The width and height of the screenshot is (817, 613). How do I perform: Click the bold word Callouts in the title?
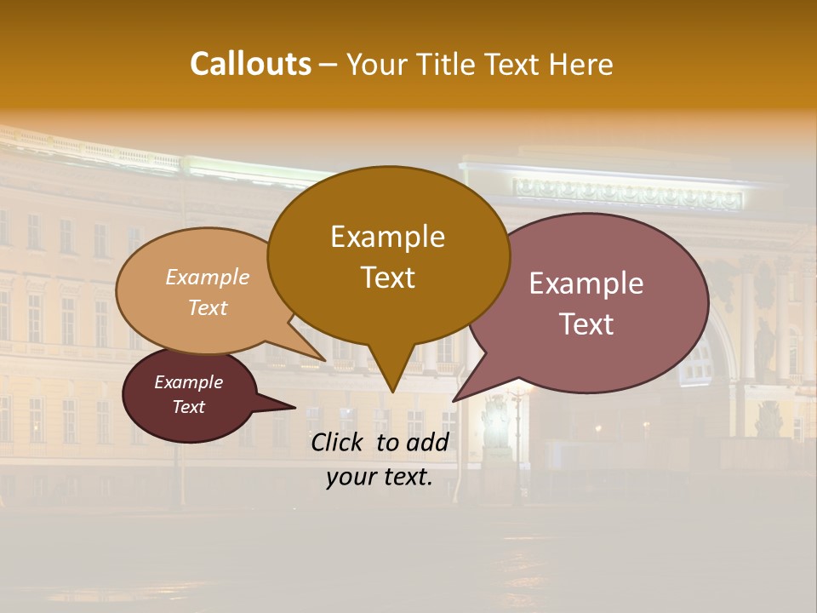click(x=250, y=64)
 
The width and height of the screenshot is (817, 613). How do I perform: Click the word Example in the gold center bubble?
click(x=387, y=237)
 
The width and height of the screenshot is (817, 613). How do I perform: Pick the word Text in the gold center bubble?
click(x=387, y=278)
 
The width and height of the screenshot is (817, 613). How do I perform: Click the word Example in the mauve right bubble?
click(x=586, y=284)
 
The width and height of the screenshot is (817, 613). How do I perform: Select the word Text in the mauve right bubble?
click(x=586, y=324)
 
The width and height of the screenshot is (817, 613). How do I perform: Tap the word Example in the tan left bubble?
click(x=208, y=277)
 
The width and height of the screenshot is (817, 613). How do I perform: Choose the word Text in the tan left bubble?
click(x=208, y=307)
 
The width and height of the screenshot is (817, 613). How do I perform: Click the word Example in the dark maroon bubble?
click(x=189, y=382)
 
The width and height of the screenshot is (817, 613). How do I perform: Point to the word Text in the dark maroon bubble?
click(x=189, y=407)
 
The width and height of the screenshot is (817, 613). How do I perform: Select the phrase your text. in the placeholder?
click(x=380, y=478)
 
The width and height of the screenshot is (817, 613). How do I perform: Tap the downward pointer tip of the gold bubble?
click(x=392, y=392)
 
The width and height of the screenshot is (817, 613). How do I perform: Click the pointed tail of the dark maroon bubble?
click(x=294, y=407)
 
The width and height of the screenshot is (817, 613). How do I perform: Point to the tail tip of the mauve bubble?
click(x=454, y=400)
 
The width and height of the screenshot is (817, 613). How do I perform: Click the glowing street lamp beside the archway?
click(x=516, y=394)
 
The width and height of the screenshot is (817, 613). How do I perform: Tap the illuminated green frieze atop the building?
click(x=627, y=197)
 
